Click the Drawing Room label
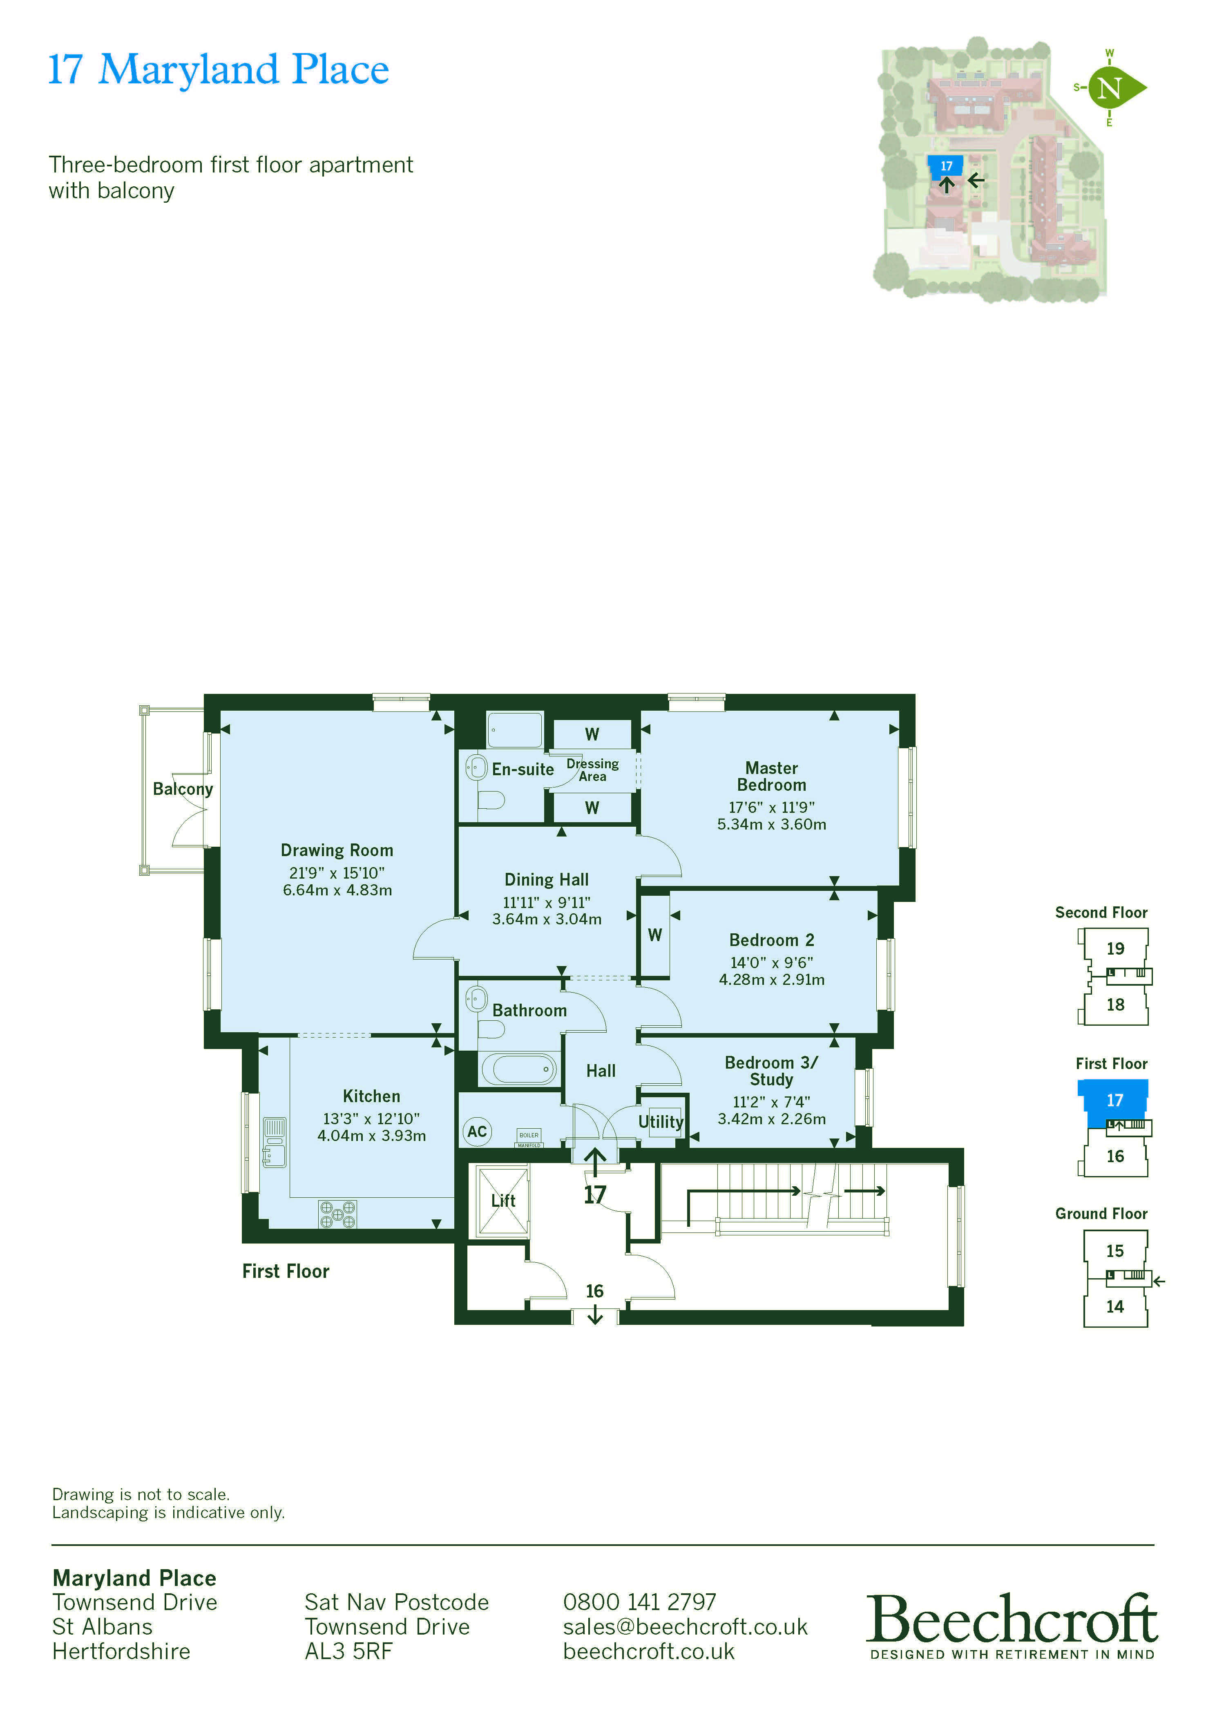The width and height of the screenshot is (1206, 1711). coord(337,850)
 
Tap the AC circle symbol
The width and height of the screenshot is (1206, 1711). coord(477,1131)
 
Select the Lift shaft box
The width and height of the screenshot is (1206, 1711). coord(503,1201)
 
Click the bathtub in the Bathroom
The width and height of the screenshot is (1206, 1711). coord(519,1069)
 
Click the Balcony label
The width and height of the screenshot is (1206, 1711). coord(183,788)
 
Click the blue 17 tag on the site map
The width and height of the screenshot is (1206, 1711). coord(946,166)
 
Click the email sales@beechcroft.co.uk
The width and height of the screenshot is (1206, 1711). coord(685,1627)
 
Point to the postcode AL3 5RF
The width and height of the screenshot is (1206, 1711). coord(348,1651)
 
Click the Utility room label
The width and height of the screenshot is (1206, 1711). coord(660,1122)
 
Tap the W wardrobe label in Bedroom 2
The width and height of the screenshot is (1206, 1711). coord(655,935)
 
